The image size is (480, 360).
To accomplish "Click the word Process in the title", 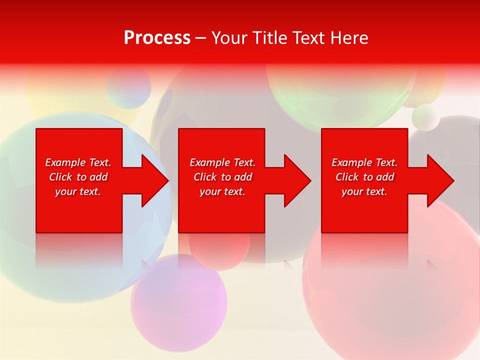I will pos(157,37).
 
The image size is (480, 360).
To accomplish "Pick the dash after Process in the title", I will pos(201,38).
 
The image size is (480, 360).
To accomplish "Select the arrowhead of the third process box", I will pos(439,180).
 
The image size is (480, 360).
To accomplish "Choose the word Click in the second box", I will pos(205,177).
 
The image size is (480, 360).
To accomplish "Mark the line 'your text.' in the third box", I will pos(364,191).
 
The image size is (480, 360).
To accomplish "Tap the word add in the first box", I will pos(98,177).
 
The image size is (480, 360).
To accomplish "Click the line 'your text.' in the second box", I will pos(222,191).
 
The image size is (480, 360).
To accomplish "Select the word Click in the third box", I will pos(347,177).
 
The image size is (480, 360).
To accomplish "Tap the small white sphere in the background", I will pos(425,117).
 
